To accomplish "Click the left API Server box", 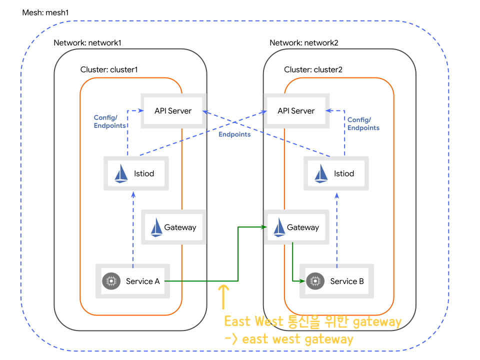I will coord(173,110).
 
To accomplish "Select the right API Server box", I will coord(296,110).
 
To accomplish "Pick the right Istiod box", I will coord(336,173).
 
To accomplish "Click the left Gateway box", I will coord(173,227).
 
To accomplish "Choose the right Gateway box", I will coord(296,227).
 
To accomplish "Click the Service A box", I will coord(133,281).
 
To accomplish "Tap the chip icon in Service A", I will coord(110,281).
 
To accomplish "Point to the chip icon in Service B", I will coord(314,281).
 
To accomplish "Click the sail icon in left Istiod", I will coord(121,173).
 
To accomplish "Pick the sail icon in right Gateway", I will coord(279,227).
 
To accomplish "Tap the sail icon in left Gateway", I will coord(157,227).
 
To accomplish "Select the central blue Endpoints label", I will coord(234,134).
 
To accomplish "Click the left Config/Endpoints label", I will coord(110,122).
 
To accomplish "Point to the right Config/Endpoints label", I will coord(363,123).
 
